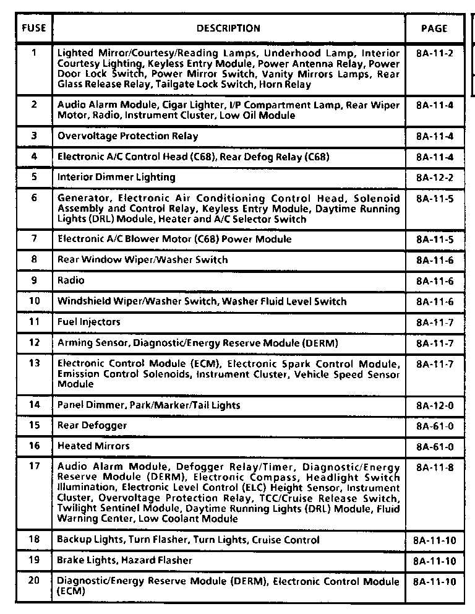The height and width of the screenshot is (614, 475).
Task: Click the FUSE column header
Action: tap(33, 28)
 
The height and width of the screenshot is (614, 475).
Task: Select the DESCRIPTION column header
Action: tap(228, 28)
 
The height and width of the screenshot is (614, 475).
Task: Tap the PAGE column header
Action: tap(434, 28)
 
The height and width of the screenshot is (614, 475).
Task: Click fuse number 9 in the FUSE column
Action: tap(34, 280)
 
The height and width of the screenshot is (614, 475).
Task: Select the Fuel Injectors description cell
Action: tap(88, 322)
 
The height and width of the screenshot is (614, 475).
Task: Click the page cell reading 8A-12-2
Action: tap(435, 178)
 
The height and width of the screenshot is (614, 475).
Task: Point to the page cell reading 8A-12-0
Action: tap(435, 405)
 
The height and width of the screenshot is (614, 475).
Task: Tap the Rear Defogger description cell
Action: tap(92, 426)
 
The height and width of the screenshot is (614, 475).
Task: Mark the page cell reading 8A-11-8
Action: tap(435, 467)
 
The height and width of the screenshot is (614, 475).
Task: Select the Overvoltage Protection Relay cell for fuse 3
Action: tap(127, 136)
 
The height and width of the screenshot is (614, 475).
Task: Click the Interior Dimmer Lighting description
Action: tap(116, 178)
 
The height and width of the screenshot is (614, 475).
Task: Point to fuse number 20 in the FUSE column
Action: tap(34, 582)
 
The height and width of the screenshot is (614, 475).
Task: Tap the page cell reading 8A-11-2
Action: tap(435, 53)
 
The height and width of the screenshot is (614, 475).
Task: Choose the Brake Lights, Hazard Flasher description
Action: tap(124, 561)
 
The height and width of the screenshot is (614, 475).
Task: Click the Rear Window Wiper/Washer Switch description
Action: tap(142, 260)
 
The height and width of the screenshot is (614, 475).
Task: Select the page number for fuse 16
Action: tap(435, 446)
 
